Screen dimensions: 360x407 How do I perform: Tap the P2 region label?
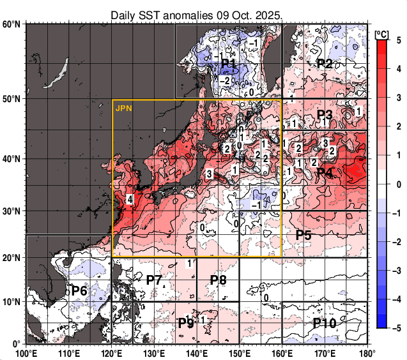[325, 63]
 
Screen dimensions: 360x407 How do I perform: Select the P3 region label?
[325, 115]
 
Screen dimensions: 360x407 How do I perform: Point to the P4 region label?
[325, 173]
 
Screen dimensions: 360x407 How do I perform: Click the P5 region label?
[303, 235]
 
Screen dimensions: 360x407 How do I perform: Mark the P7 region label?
[154, 279]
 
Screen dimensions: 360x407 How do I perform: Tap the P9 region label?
[185, 323]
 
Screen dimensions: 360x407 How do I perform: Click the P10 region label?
[325, 323]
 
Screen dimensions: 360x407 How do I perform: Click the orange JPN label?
[123, 109]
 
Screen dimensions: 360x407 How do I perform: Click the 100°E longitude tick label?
[26, 353]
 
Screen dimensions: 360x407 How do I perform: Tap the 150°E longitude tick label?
[240, 353]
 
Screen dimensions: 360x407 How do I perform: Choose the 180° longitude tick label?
[367, 353]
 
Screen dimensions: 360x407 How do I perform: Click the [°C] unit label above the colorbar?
[381, 33]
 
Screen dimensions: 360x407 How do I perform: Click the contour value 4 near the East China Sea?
[130, 200]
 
